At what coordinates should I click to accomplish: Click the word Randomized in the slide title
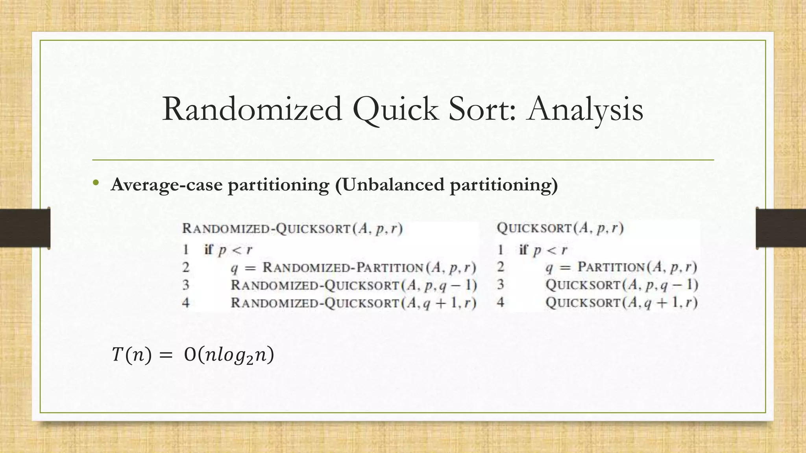click(x=252, y=109)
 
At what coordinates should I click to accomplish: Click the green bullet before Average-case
click(x=96, y=183)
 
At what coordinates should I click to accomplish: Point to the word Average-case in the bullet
click(x=166, y=185)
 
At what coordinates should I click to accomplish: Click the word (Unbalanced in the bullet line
click(x=390, y=185)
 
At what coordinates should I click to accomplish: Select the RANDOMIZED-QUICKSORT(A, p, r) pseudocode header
click(x=292, y=228)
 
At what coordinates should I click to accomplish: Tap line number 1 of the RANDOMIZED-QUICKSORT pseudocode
click(x=186, y=250)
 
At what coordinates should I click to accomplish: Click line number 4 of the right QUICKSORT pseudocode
click(x=500, y=302)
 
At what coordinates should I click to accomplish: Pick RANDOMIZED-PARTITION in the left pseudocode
click(x=342, y=267)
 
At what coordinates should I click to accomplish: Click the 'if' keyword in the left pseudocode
click(x=209, y=249)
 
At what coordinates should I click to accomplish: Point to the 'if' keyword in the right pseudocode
click(x=523, y=249)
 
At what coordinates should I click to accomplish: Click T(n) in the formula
click(x=131, y=355)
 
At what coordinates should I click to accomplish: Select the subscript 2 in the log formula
click(x=250, y=360)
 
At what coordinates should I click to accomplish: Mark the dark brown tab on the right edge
click(x=781, y=228)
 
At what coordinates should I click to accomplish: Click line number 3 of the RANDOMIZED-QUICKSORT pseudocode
click(x=186, y=285)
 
